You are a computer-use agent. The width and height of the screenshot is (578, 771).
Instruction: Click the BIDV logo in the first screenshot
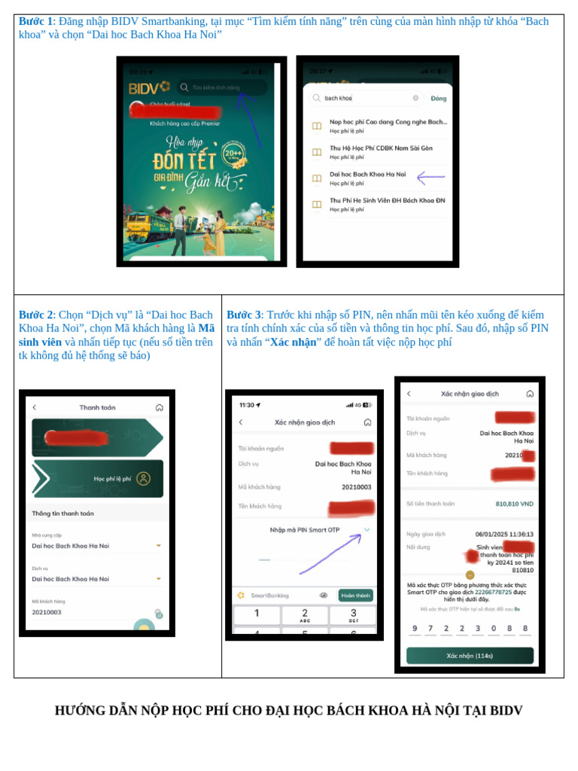tap(149, 88)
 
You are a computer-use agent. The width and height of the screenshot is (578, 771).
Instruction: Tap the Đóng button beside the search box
tap(438, 98)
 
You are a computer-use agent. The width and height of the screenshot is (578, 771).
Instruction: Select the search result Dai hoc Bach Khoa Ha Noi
tap(367, 174)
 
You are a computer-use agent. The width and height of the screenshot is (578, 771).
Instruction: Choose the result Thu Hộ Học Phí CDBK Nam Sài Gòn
tap(381, 148)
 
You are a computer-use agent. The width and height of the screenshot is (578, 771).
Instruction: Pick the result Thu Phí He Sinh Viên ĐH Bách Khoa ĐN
tap(387, 200)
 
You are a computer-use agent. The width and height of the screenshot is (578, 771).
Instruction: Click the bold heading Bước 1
tap(35, 21)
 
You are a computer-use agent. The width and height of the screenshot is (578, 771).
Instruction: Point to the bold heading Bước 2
tap(35, 315)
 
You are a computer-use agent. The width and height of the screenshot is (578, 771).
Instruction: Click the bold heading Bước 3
tap(244, 315)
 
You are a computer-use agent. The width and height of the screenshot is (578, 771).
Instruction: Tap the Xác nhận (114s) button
tap(470, 656)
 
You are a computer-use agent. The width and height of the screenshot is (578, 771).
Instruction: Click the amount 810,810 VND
tap(514, 504)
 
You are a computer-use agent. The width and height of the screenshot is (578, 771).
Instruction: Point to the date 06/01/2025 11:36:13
tap(503, 534)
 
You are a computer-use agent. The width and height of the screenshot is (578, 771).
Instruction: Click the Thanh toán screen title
tap(97, 407)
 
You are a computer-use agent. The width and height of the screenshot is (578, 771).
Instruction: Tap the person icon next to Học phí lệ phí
tap(143, 478)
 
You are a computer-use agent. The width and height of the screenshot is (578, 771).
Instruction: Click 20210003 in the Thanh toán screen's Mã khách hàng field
tap(47, 612)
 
